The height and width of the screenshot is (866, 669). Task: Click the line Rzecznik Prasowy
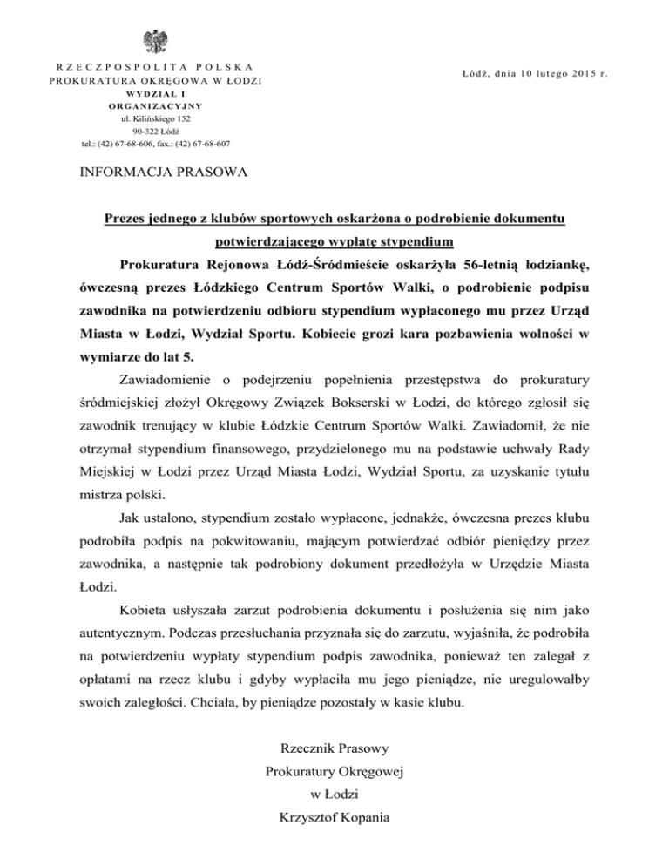(x=334, y=748)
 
